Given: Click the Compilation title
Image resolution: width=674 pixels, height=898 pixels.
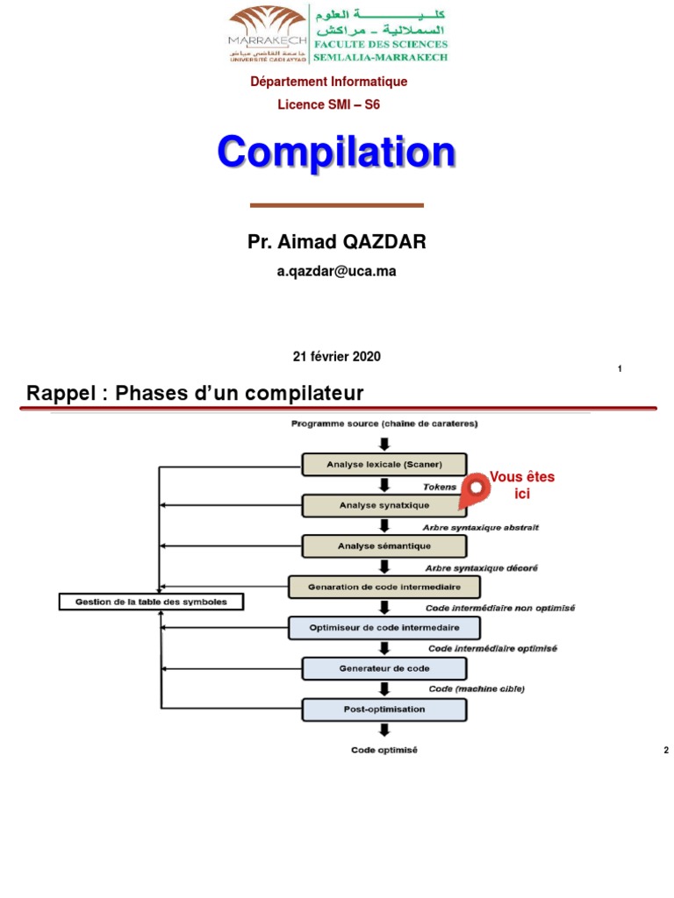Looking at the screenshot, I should pyautogui.click(x=337, y=153).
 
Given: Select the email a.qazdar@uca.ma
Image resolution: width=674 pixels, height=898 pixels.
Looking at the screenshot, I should pyautogui.click(x=337, y=271).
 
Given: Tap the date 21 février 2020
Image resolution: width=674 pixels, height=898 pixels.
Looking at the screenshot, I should pyautogui.click(x=337, y=357).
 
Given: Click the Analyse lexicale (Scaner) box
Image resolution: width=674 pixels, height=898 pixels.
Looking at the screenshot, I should pyautogui.click(x=384, y=464).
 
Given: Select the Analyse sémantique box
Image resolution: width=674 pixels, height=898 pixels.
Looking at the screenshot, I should pyautogui.click(x=384, y=545).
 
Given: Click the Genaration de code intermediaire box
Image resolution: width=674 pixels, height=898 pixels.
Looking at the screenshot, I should pyautogui.click(x=384, y=586).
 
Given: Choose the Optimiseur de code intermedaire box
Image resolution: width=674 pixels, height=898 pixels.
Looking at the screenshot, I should pyautogui.click(x=384, y=628).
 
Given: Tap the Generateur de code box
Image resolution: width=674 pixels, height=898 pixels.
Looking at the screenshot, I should pyautogui.click(x=384, y=668).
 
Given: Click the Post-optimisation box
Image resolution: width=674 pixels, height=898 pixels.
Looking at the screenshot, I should pyautogui.click(x=384, y=709).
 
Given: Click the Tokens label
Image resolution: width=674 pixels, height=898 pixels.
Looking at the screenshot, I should pyautogui.click(x=440, y=486).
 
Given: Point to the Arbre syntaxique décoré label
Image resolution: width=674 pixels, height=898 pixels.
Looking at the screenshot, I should pyautogui.click(x=482, y=567).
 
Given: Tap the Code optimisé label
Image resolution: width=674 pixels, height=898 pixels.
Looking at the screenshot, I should pyautogui.click(x=384, y=750).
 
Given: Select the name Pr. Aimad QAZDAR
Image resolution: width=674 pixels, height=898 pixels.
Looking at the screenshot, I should pyautogui.click(x=337, y=243).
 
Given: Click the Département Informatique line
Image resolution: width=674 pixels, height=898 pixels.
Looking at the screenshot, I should pyautogui.click(x=329, y=82).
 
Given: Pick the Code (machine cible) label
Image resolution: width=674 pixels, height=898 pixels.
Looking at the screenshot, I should pyautogui.click(x=477, y=688).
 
